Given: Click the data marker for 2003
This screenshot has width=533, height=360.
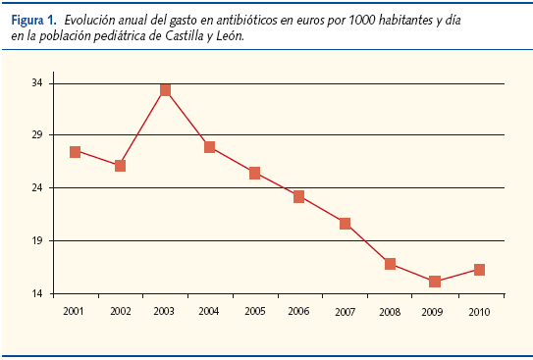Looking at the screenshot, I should (x=165, y=90).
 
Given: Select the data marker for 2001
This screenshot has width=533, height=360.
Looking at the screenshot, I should (x=75, y=151).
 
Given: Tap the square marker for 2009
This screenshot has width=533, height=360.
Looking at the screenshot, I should (x=435, y=282).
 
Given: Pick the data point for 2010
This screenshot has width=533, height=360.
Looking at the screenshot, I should (x=479, y=270).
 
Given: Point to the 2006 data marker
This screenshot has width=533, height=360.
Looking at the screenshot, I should (x=299, y=196).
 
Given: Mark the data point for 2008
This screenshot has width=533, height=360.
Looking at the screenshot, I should (x=390, y=264).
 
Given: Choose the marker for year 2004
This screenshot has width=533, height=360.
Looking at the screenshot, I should (x=210, y=147).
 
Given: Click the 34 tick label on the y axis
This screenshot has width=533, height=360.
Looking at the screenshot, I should (x=37, y=83).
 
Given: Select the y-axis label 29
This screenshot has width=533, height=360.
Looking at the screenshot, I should (x=37, y=135).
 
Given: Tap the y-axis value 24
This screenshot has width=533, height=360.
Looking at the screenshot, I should (x=37, y=188).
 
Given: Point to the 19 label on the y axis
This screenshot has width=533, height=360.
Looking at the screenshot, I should (x=37, y=240).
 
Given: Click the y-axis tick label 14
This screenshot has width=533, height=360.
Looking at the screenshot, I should (x=37, y=293).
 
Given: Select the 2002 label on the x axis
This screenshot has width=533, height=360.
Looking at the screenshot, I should (x=120, y=311).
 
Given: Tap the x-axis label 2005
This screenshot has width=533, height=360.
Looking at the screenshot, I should (x=254, y=311).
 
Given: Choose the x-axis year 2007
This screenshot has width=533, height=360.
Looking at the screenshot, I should (x=345, y=311).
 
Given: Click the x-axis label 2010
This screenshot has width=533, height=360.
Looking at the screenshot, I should (x=479, y=311).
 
